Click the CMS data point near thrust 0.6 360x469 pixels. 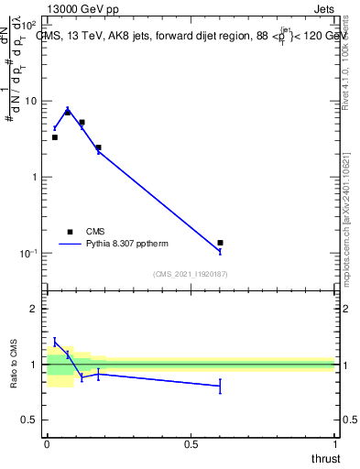tap(220, 243)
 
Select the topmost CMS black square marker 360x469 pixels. tap(68, 112)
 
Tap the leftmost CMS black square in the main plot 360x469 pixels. tap(55, 137)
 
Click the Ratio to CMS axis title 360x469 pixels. tap(14, 365)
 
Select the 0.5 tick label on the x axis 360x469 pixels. tap(191, 444)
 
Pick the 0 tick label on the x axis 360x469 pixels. tap(48, 444)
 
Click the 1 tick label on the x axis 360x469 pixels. tap(335, 444)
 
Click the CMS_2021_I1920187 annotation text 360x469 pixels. tap(191, 274)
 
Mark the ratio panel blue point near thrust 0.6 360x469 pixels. tap(220, 387)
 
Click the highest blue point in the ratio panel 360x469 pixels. tap(55, 342)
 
